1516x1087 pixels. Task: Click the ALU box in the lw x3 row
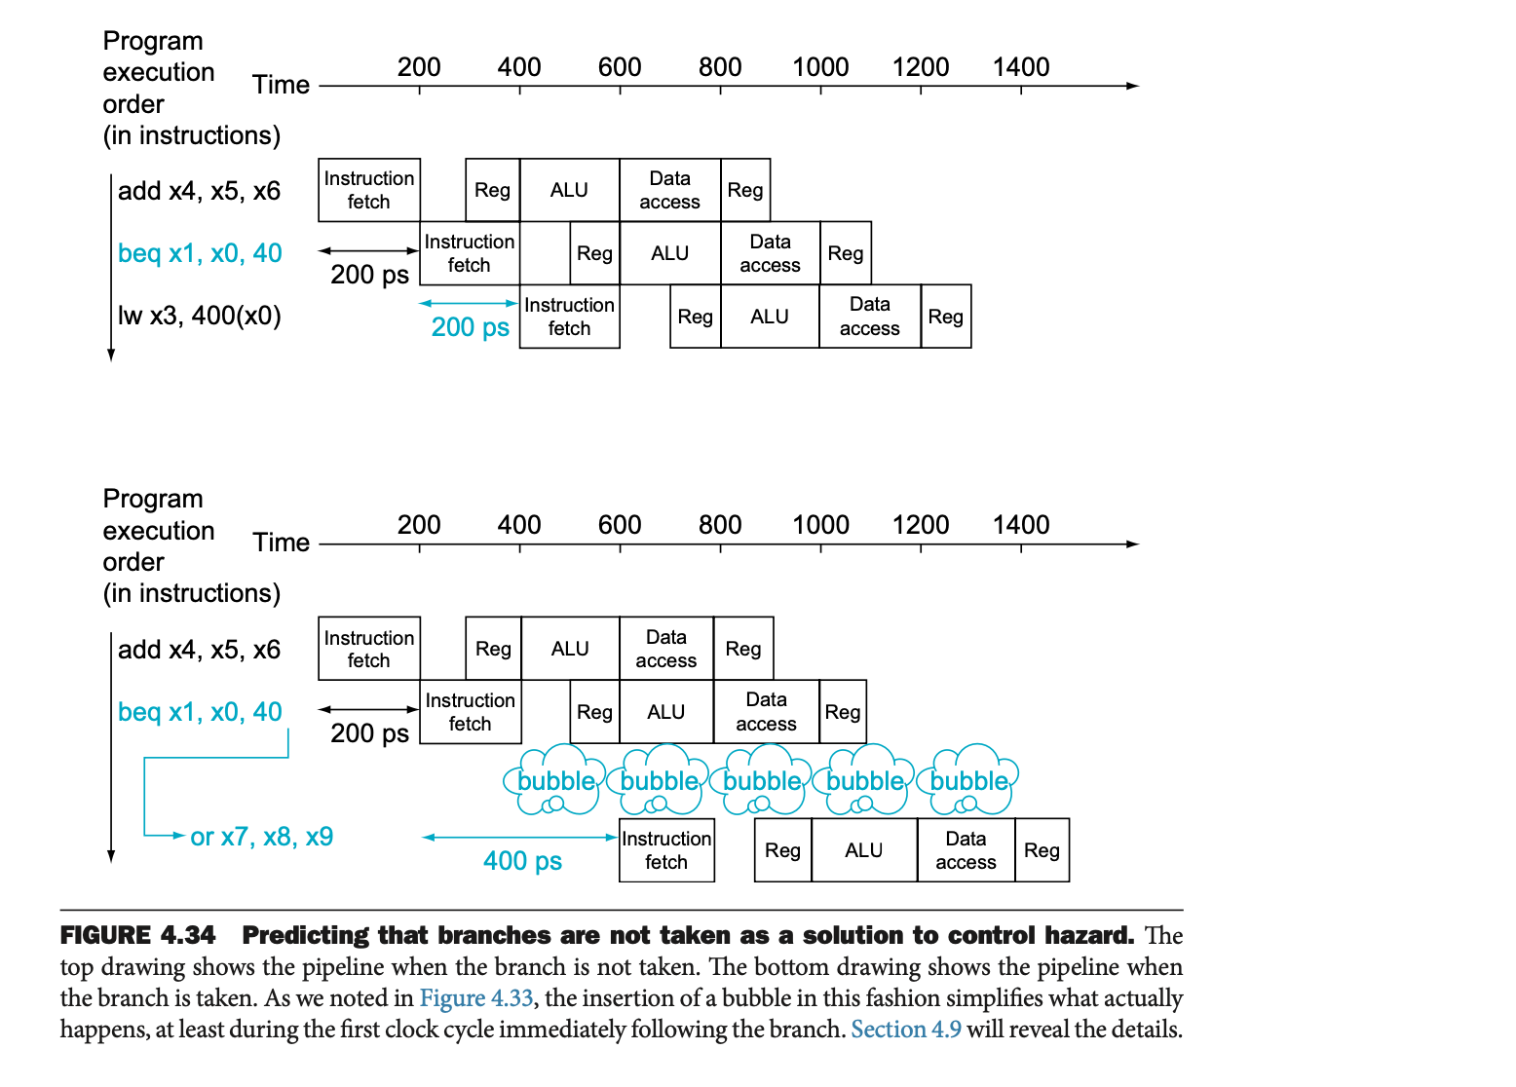click(x=770, y=317)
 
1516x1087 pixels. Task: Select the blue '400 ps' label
click(x=522, y=861)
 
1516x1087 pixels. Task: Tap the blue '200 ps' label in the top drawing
click(x=470, y=327)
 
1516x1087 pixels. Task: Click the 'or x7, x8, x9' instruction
click(x=261, y=837)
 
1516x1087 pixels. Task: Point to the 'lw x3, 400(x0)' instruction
click(x=199, y=316)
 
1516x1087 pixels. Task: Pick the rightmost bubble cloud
click(x=968, y=780)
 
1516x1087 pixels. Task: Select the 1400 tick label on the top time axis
click(x=1020, y=67)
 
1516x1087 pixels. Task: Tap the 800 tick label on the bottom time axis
click(x=720, y=525)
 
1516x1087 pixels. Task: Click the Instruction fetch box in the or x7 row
click(x=666, y=850)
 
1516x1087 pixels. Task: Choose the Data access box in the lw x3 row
click(x=869, y=317)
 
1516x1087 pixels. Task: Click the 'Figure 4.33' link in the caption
click(x=476, y=998)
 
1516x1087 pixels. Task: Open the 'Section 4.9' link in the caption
click(x=906, y=1030)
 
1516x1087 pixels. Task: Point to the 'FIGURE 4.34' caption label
click(x=137, y=935)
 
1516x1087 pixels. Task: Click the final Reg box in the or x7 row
click(x=1042, y=850)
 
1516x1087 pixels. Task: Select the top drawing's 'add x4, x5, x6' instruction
click(x=199, y=191)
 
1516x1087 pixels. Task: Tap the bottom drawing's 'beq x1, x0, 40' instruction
click(x=200, y=712)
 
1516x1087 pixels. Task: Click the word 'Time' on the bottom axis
click(x=281, y=543)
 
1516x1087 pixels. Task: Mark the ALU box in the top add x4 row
click(x=569, y=190)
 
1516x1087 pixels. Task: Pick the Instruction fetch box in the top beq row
click(x=470, y=253)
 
